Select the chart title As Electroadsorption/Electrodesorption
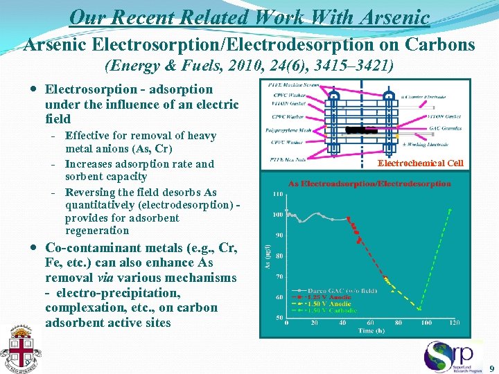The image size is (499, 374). [369, 184]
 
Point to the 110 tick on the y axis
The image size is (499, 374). [277, 194]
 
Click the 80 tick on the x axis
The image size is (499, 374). [398, 322]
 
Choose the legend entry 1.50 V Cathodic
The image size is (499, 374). [331, 310]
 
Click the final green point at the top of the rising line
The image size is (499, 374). [450, 209]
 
